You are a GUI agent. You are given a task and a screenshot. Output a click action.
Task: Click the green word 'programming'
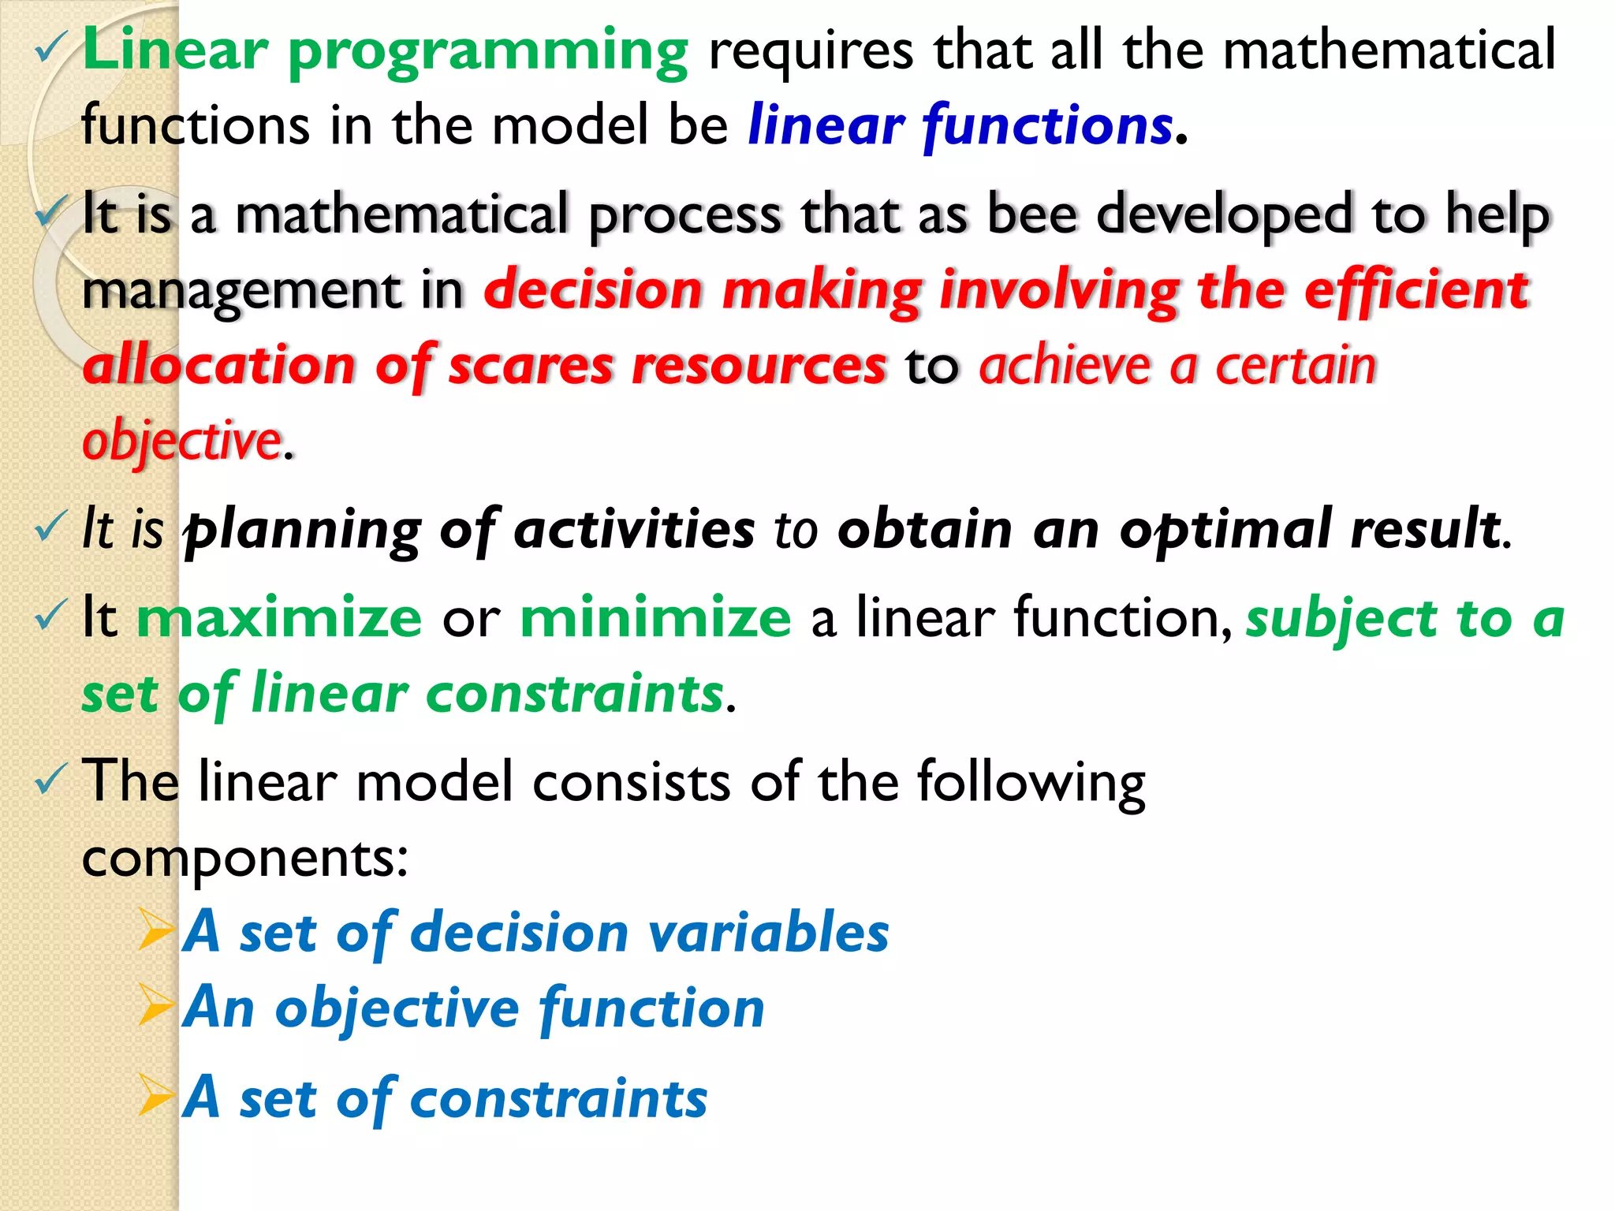pyautogui.click(x=487, y=52)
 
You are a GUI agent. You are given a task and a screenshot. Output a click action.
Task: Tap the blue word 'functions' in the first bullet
pyautogui.click(x=1048, y=126)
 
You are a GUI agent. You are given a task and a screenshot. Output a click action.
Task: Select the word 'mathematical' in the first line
pyautogui.click(x=1389, y=50)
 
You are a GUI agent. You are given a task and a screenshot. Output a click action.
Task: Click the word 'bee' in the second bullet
pyautogui.click(x=1031, y=214)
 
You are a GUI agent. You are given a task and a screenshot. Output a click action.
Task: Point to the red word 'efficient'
pyautogui.click(x=1416, y=289)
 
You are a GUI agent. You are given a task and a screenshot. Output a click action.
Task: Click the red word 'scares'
pyautogui.click(x=530, y=366)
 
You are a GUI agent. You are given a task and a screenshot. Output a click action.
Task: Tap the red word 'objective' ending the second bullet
pyautogui.click(x=182, y=442)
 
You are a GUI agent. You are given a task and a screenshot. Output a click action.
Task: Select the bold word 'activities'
pyautogui.click(x=634, y=529)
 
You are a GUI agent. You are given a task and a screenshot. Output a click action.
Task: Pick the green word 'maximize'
pyautogui.click(x=279, y=617)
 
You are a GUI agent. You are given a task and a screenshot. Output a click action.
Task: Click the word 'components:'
pyautogui.click(x=245, y=859)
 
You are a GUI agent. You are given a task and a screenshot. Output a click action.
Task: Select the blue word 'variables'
pyautogui.click(x=768, y=933)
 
